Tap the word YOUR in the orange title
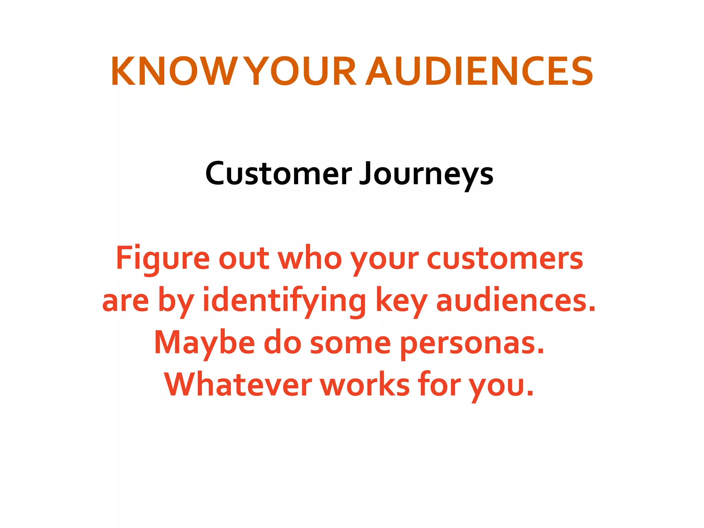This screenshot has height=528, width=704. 302,71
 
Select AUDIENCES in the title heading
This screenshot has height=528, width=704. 479,71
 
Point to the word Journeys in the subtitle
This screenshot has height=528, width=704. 426,174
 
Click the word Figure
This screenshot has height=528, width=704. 163,258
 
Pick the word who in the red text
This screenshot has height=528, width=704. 310,258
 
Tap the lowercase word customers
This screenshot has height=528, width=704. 505,258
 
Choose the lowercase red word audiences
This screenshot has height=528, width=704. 516,300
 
